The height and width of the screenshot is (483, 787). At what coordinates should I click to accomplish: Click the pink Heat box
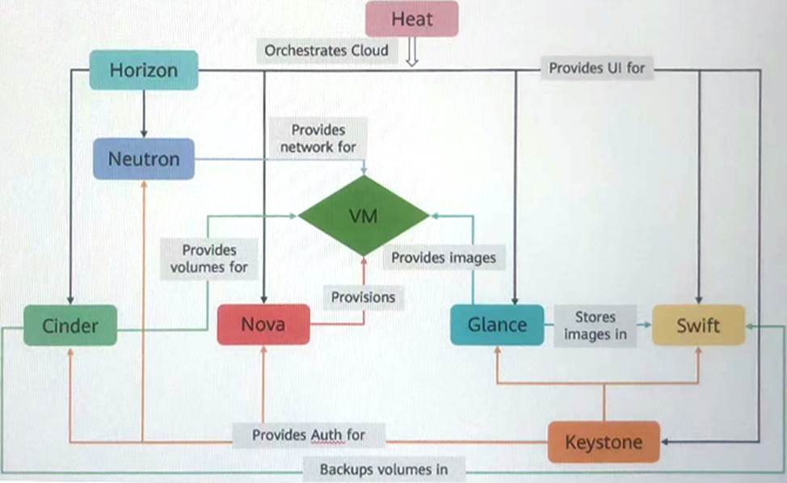point(412,19)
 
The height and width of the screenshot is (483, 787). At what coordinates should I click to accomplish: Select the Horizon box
point(143,70)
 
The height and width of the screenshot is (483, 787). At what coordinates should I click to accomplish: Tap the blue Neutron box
point(144,158)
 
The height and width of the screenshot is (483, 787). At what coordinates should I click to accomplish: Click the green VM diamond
point(364,216)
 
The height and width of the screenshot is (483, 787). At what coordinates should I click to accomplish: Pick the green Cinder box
point(70,325)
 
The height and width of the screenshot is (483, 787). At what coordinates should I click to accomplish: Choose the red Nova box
point(263,325)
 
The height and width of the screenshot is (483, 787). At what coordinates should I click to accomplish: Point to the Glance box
point(497,325)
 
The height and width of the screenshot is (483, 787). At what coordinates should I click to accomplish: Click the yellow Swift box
point(699,325)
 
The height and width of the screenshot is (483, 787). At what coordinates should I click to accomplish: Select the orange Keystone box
point(603,442)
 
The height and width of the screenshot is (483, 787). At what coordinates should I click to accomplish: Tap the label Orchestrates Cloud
point(326,50)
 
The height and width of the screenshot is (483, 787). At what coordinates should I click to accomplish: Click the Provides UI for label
point(597,68)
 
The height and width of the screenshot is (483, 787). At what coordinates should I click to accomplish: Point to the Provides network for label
point(318,138)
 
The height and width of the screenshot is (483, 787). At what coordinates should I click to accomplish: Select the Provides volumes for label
point(209,258)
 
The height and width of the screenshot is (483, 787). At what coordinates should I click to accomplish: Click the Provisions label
point(364,297)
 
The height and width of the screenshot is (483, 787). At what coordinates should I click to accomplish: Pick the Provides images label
point(444,258)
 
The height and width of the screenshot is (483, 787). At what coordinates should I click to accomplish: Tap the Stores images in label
point(596,325)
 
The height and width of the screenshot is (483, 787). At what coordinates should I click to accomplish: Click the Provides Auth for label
point(309,435)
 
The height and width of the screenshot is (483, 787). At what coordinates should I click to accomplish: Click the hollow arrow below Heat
point(412,54)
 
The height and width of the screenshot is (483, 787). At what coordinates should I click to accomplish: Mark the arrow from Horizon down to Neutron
point(144,112)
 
